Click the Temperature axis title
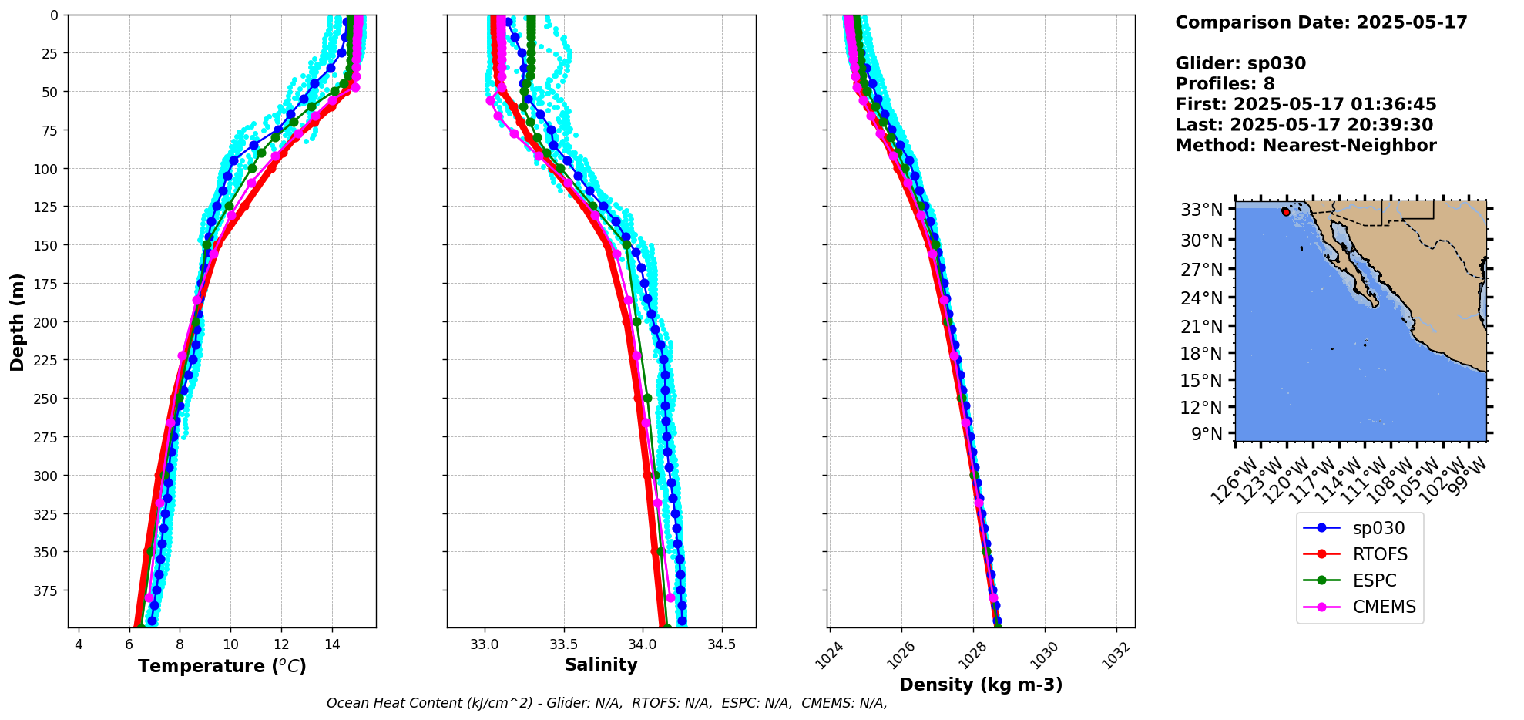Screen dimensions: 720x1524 [222, 666]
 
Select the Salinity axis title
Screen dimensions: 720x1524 [601, 665]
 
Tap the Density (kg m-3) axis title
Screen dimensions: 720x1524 [981, 685]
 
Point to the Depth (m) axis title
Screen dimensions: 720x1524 [17, 321]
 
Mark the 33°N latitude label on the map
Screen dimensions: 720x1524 [1201, 210]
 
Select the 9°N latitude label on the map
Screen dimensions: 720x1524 [1207, 434]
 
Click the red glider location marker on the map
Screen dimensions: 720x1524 [1285, 211]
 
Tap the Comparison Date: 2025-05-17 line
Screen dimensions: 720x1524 [1321, 22]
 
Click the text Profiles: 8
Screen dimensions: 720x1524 [1225, 84]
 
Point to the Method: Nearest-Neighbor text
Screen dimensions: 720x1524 [1306, 146]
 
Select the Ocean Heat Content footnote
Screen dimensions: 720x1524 [606, 703]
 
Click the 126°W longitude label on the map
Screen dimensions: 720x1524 [1233, 481]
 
